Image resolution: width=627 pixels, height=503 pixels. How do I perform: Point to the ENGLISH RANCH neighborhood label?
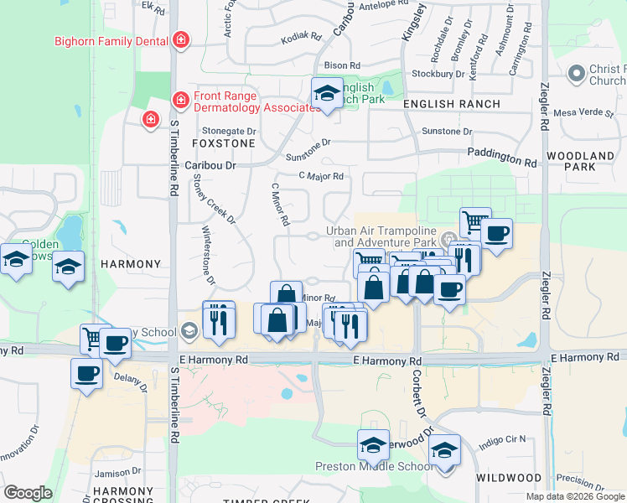(451, 104)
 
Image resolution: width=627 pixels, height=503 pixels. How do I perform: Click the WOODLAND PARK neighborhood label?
(580, 162)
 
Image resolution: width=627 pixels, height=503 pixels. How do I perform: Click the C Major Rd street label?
(321, 176)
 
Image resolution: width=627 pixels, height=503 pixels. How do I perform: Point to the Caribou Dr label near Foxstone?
(212, 165)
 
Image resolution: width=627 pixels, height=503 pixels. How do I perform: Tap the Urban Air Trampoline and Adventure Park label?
(382, 237)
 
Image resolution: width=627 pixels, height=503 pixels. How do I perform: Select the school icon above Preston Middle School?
(373, 446)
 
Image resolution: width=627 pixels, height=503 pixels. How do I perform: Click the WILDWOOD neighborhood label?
(509, 477)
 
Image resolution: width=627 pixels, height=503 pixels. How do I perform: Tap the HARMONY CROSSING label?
(124, 495)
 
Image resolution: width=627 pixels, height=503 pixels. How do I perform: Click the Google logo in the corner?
(28, 493)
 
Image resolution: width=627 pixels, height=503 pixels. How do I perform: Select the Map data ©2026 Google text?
(575, 496)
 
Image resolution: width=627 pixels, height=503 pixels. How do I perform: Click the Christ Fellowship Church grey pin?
(576, 75)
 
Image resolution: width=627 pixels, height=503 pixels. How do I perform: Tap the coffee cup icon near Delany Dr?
(86, 374)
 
